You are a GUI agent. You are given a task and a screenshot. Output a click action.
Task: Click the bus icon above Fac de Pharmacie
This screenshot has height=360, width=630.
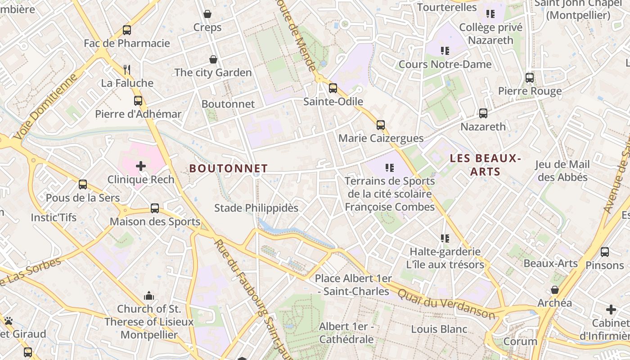click(127, 30)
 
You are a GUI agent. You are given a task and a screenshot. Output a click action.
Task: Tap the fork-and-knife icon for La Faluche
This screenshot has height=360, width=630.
click(127, 69)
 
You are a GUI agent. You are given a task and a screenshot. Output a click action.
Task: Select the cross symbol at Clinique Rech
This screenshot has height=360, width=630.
click(141, 166)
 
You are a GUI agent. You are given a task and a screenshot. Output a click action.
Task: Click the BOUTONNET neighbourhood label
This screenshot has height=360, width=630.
click(229, 169)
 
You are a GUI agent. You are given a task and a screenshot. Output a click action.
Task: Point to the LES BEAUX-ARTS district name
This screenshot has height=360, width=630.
click(485, 165)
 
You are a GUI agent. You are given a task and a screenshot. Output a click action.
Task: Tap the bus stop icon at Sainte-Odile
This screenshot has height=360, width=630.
click(333, 88)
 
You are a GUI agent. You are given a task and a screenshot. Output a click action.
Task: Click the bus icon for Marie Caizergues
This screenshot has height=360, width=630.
click(381, 125)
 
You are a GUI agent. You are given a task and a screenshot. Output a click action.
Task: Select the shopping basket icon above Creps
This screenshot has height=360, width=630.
click(207, 14)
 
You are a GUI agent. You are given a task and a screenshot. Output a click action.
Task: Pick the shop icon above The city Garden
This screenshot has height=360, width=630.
click(213, 59)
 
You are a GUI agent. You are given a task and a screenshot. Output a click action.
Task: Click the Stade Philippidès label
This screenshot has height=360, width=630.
click(256, 208)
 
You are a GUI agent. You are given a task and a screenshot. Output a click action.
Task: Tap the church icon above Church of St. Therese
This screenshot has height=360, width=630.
click(149, 296)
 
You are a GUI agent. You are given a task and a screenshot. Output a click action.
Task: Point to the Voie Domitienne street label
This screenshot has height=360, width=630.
click(45, 107)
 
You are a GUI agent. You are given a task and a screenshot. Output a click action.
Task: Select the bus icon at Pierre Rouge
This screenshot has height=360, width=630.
click(530, 78)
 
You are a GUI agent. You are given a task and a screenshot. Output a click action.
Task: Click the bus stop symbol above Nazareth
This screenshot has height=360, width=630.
click(483, 113)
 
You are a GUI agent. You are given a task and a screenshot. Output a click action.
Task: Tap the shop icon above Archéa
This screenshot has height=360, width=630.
click(555, 290)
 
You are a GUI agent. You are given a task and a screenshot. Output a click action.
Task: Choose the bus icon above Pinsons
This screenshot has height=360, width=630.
click(605, 252)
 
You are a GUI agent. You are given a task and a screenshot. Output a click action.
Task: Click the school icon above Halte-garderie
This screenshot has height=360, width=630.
click(445, 238)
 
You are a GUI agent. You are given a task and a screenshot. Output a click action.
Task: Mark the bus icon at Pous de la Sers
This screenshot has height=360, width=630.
click(83, 184)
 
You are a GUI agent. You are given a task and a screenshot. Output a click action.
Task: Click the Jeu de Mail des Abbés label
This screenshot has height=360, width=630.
click(562, 171)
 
